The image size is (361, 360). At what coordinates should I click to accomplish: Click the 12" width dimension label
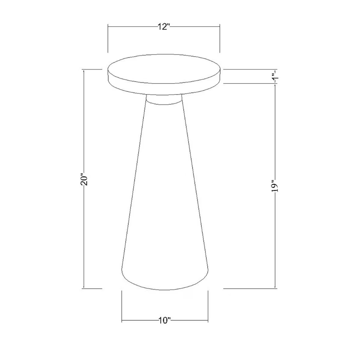point(164,27)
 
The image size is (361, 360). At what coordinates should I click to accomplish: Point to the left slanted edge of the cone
point(133,192)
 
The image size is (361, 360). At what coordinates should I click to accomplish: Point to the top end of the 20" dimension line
point(83,69)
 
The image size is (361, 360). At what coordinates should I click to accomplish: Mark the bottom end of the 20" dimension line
point(83,287)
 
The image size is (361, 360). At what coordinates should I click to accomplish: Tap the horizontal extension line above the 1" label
point(247,69)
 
